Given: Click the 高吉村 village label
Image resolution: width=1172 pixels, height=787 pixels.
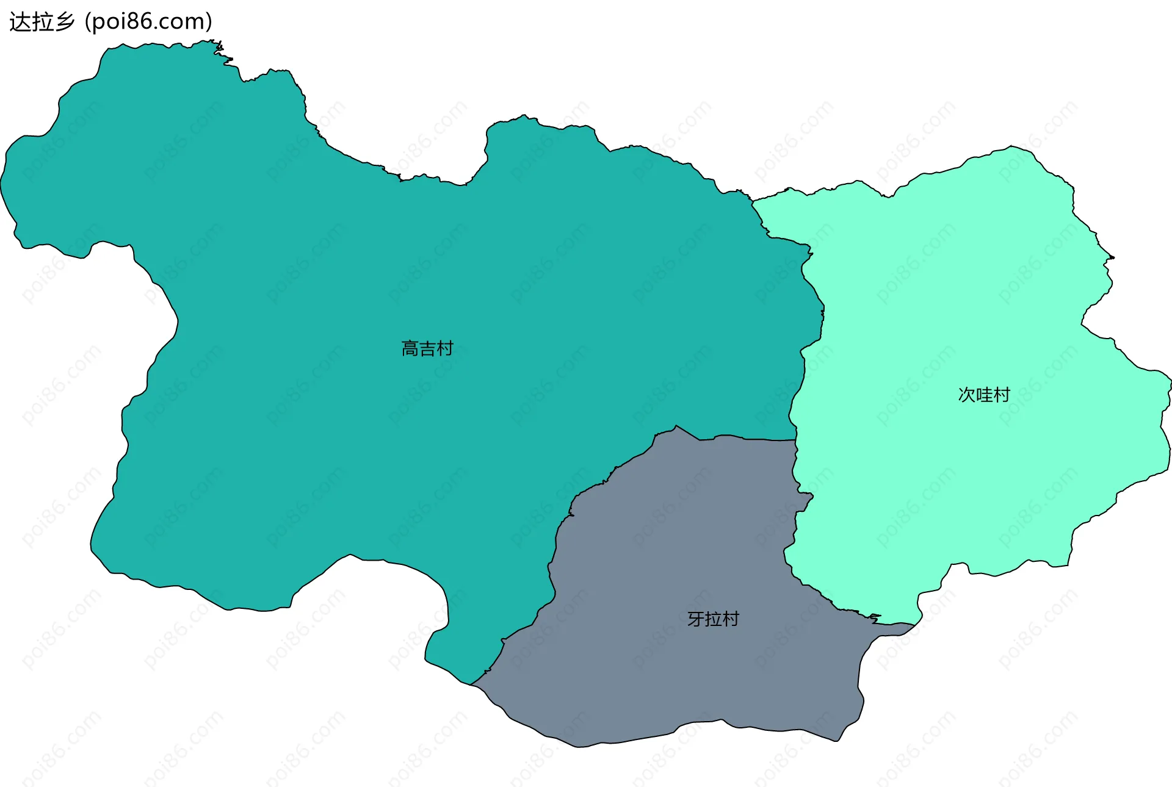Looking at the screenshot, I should tap(427, 348).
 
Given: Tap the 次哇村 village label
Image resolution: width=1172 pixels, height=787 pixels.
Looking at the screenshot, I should tap(984, 395).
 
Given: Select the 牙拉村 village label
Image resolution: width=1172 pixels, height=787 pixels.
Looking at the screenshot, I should tap(713, 619).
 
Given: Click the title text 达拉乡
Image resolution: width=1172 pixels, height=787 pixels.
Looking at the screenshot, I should tap(42, 22).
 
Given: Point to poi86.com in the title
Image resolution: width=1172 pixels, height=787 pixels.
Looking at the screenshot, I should tap(148, 22).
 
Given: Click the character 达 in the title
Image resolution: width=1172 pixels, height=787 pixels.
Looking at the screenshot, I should tap(20, 22).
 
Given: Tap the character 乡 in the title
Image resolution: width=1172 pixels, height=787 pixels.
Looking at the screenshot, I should tap(64, 22).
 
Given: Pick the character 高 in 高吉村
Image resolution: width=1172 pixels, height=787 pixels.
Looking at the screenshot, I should tap(410, 348).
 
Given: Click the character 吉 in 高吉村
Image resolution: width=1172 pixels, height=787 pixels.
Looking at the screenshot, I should tap(427, 348).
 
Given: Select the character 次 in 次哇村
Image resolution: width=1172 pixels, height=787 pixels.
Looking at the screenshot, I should tap(967, 395).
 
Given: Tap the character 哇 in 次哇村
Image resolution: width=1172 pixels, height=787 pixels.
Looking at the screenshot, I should tap(984, 395).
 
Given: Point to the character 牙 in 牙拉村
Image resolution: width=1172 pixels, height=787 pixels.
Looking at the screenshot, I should tap(696, 619).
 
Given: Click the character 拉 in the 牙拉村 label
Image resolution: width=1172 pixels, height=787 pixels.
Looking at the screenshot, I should tap(713, 619).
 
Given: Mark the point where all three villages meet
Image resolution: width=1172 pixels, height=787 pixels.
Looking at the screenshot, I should tap(796, 439).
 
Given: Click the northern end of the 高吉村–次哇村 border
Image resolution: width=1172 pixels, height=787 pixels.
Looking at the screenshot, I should tap(752, 200).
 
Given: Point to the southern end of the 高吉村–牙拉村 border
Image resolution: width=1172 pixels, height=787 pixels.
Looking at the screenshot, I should tap(471, 684).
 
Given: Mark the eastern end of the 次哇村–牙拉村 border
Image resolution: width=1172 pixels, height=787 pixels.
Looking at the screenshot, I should tap(914, 625).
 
